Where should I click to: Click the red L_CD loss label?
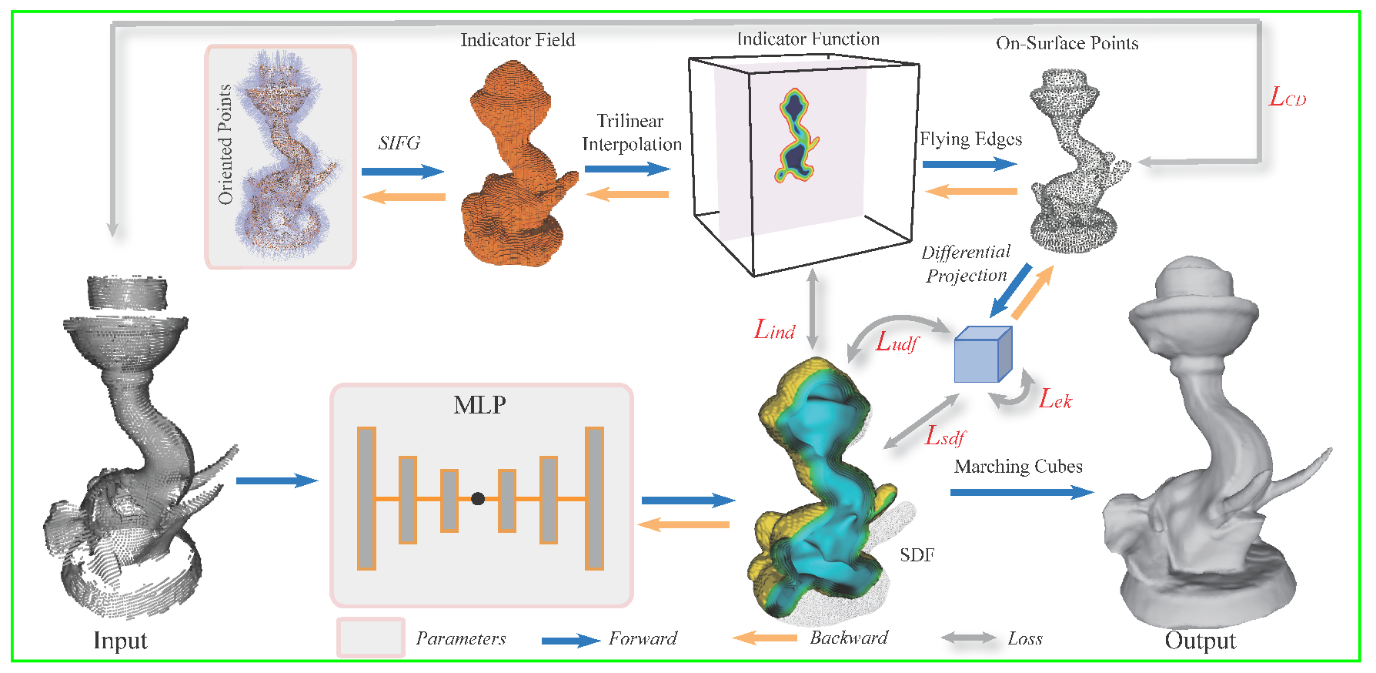pos(1287,98)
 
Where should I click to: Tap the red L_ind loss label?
pos(774,330)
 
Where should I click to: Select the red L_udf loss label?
pos(897,341)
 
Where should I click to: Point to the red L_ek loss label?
pos(1055,399)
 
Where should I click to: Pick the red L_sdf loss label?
pos(944,436)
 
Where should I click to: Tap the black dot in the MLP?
pos(478,499)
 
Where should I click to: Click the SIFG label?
pos(399,143)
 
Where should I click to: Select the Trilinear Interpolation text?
pos(631,132)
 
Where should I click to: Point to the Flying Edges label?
pos(970,139)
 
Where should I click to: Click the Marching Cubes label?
pos(1017,467)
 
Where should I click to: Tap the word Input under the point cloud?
pos(120,641)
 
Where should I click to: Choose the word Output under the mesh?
pos(1200,641)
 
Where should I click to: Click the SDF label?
pos(917,555)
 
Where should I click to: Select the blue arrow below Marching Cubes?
pos(1020,492)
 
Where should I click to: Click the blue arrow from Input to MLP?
pos(276,481)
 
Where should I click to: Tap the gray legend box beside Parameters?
pos(371,638)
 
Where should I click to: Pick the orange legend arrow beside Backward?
pos(764,638)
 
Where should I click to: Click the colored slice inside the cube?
pos(796,136)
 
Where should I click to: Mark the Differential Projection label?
pos(966,264)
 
